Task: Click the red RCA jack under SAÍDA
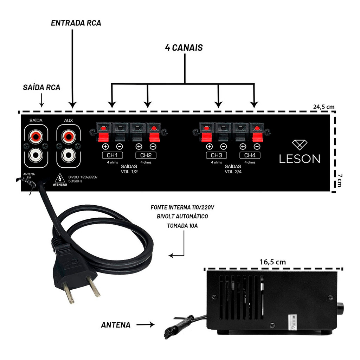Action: (x=36, y=135)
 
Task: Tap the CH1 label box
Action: (x=112, y=155)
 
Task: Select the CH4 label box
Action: (x=250, y=155)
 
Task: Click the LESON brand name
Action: (x=300, y=159)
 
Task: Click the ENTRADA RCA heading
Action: (x=76, y=23)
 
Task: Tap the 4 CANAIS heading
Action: (x=184, y=48)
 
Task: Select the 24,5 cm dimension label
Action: (x=324, y=107)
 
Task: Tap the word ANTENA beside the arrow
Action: (x=116, y=325)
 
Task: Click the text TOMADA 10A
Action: (x=182, y=226)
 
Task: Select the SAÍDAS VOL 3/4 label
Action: (x=233, y=169)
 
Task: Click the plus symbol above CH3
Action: (x=209, y=147)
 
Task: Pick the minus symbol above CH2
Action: (x=153, y=147)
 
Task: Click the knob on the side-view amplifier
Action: (x=340, y=308)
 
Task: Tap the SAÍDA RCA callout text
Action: (x=41, y=88)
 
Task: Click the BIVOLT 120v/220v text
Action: (x=83, y=178)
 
